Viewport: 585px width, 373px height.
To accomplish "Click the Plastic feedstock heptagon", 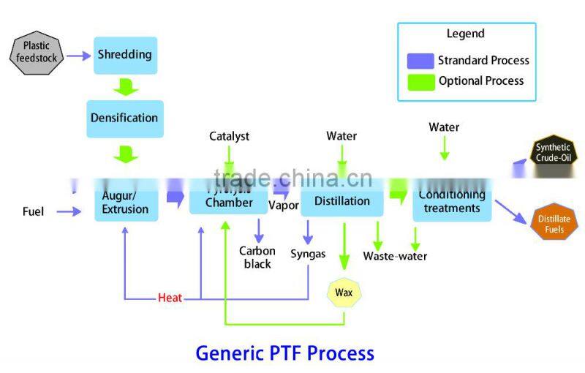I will coord(37,55).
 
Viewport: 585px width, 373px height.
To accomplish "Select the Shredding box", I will coord(125,55).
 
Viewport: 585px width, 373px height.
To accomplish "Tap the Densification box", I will coord(124,118).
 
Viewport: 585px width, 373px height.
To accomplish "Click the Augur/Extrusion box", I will coord(125,202).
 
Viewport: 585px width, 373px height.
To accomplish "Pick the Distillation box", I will coord(341,201).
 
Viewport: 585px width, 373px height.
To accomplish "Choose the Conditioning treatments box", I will coord(452,201).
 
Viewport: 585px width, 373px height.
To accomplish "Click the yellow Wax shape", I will coord(344,293).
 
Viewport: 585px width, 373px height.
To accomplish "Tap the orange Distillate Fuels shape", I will coord(554,224).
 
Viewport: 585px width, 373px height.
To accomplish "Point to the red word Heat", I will coord(170,298).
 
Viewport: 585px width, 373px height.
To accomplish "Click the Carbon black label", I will coord(257,257).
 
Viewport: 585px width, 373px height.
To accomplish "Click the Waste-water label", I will coord(395,256).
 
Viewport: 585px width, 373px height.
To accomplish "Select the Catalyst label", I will coord(229,136).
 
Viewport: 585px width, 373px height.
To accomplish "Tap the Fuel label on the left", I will coord(33,212).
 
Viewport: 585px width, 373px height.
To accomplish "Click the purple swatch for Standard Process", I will coord(420,60).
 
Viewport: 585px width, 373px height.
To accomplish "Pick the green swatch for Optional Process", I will coord(420,81).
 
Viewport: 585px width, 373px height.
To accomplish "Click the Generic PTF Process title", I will coord(284,353).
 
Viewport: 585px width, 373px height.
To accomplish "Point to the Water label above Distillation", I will coord(341,136).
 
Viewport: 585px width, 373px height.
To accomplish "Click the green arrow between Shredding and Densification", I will coord(126,87).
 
